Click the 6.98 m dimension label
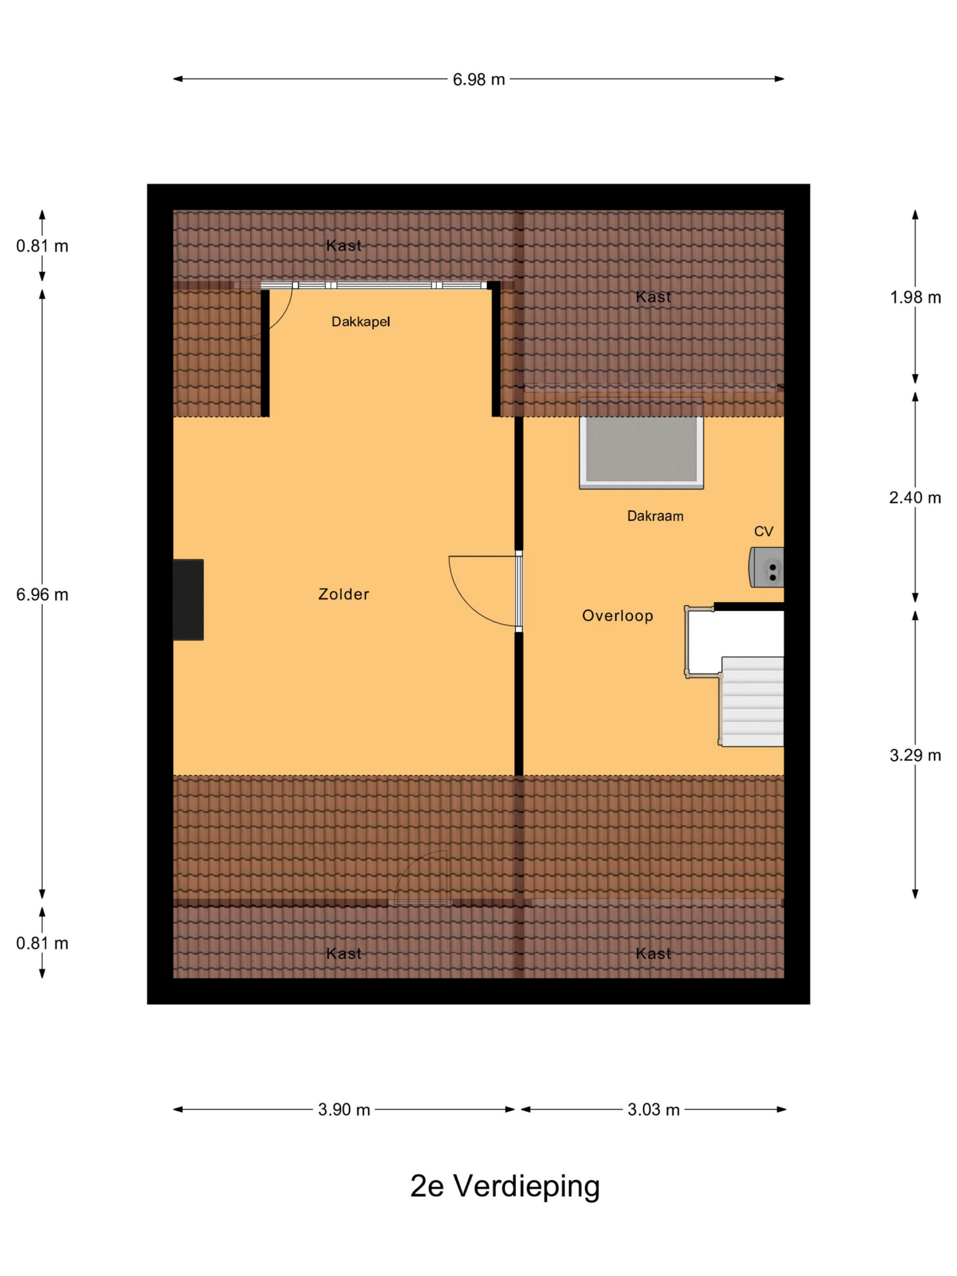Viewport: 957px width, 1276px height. click(x=478, y=80)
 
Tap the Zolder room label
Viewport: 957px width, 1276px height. click(x=343, y=594)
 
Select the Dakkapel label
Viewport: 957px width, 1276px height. click(x=360, y=322)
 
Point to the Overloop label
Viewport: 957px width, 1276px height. click(x=617, y=616)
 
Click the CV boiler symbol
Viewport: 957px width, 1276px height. click(x=766, y=568)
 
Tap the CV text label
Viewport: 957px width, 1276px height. click(x=763, y=531)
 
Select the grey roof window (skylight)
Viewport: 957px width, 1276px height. click(x=641, y=450)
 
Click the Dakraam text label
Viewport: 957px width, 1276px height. click(x=655, y=516)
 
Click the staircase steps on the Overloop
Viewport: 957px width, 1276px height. click(x=752, y=701)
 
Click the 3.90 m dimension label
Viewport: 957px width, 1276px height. click(x=344, y=1110)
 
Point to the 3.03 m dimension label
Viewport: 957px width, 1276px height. click(x=653, y=1110)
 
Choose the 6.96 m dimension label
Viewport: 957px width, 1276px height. click(x=42, y=595)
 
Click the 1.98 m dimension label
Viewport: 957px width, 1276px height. click(x=915, y=298)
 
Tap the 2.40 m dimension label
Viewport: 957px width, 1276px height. click(x=915, y=498)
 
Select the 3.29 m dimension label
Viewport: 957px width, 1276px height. click(x=915, y=755)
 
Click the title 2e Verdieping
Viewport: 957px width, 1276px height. click(x=505, y=1187)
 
